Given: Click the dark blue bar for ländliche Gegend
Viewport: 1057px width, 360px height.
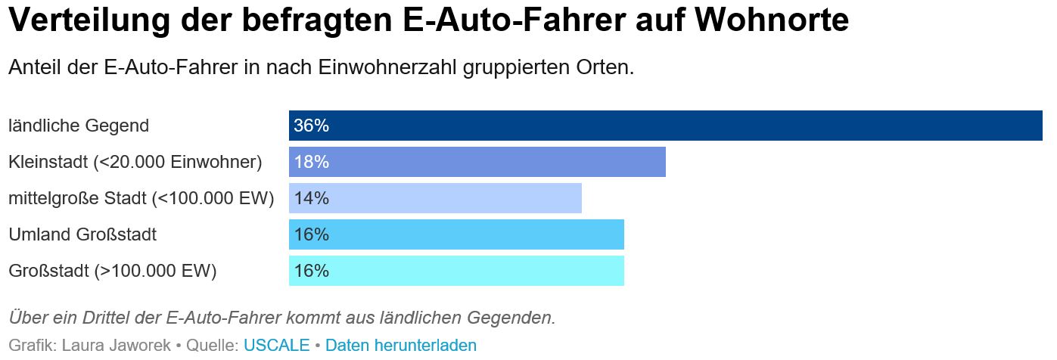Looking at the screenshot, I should tap(666, 126).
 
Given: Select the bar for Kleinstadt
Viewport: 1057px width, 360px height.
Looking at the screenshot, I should tap(477, 162).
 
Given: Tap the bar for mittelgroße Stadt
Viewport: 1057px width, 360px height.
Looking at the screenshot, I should tap(435, 198).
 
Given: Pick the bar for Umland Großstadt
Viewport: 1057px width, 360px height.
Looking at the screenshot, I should tap(456, 234).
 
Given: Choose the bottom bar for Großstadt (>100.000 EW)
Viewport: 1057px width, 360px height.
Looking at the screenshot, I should tap(456, 271).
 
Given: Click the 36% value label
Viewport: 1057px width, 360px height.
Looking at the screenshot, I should tap(311, 126).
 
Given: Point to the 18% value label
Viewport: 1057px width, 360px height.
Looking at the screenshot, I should tap(311, 162).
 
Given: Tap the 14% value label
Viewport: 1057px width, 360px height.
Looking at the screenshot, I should tap(311, 198).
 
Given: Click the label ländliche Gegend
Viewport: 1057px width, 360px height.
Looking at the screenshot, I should tap(79, 126).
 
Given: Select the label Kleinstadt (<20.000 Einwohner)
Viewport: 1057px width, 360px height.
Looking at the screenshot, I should tap(135, 162).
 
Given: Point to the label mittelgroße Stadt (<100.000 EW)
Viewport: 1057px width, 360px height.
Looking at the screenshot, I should tap(141, 198).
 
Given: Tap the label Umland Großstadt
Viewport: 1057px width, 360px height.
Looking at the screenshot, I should tap(82, 234).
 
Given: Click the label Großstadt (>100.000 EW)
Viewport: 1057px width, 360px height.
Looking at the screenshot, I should tap(113, 271).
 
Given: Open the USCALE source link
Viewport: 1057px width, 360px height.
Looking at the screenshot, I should tap(276, 346).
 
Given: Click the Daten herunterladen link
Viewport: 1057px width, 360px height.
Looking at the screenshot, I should tap(401, 346).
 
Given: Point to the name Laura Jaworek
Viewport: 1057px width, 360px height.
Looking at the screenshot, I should tap(117, 346).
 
